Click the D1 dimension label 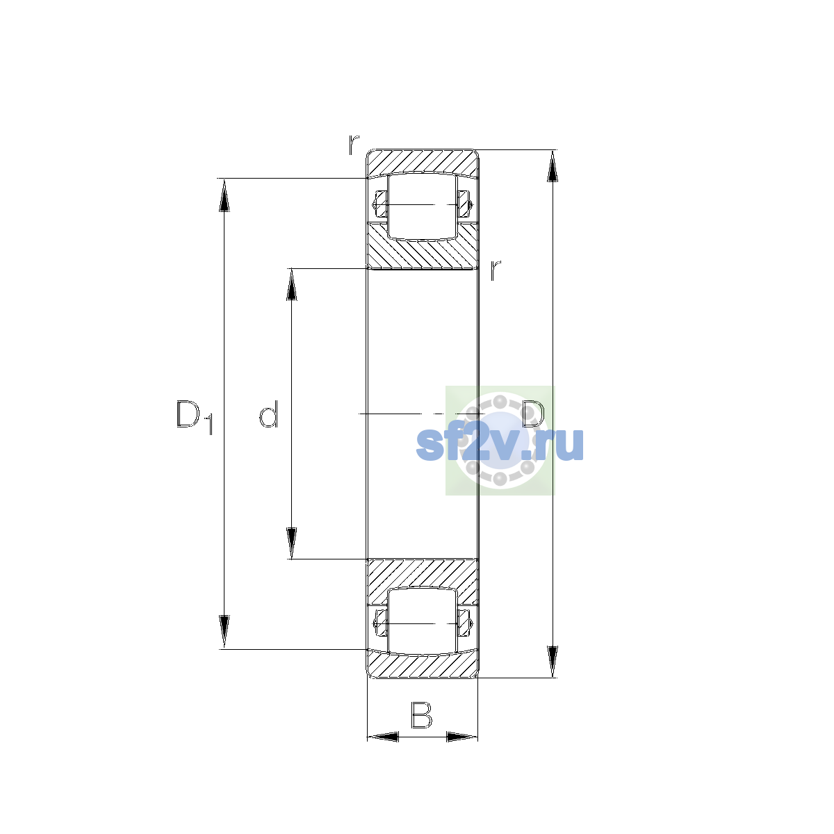[x=195, y=417]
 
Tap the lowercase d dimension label [x=268, y=414]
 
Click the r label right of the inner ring [x=495, y=270]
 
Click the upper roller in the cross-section [x=423, y=206]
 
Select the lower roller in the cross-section [x=423, y=622]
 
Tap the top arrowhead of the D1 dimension [x=224, y=195]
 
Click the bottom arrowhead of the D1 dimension [x=224, y=632]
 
